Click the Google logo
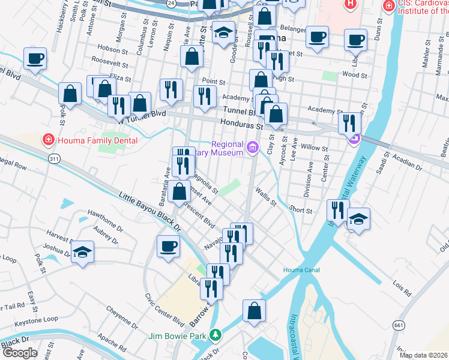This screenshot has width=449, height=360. pos(20,353)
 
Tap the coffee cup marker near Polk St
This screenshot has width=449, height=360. pos(35,60)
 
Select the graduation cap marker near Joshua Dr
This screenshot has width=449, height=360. pos(83,252)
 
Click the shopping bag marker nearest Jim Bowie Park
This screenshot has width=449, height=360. pos(254,311)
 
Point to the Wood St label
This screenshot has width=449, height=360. pos(354,75)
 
